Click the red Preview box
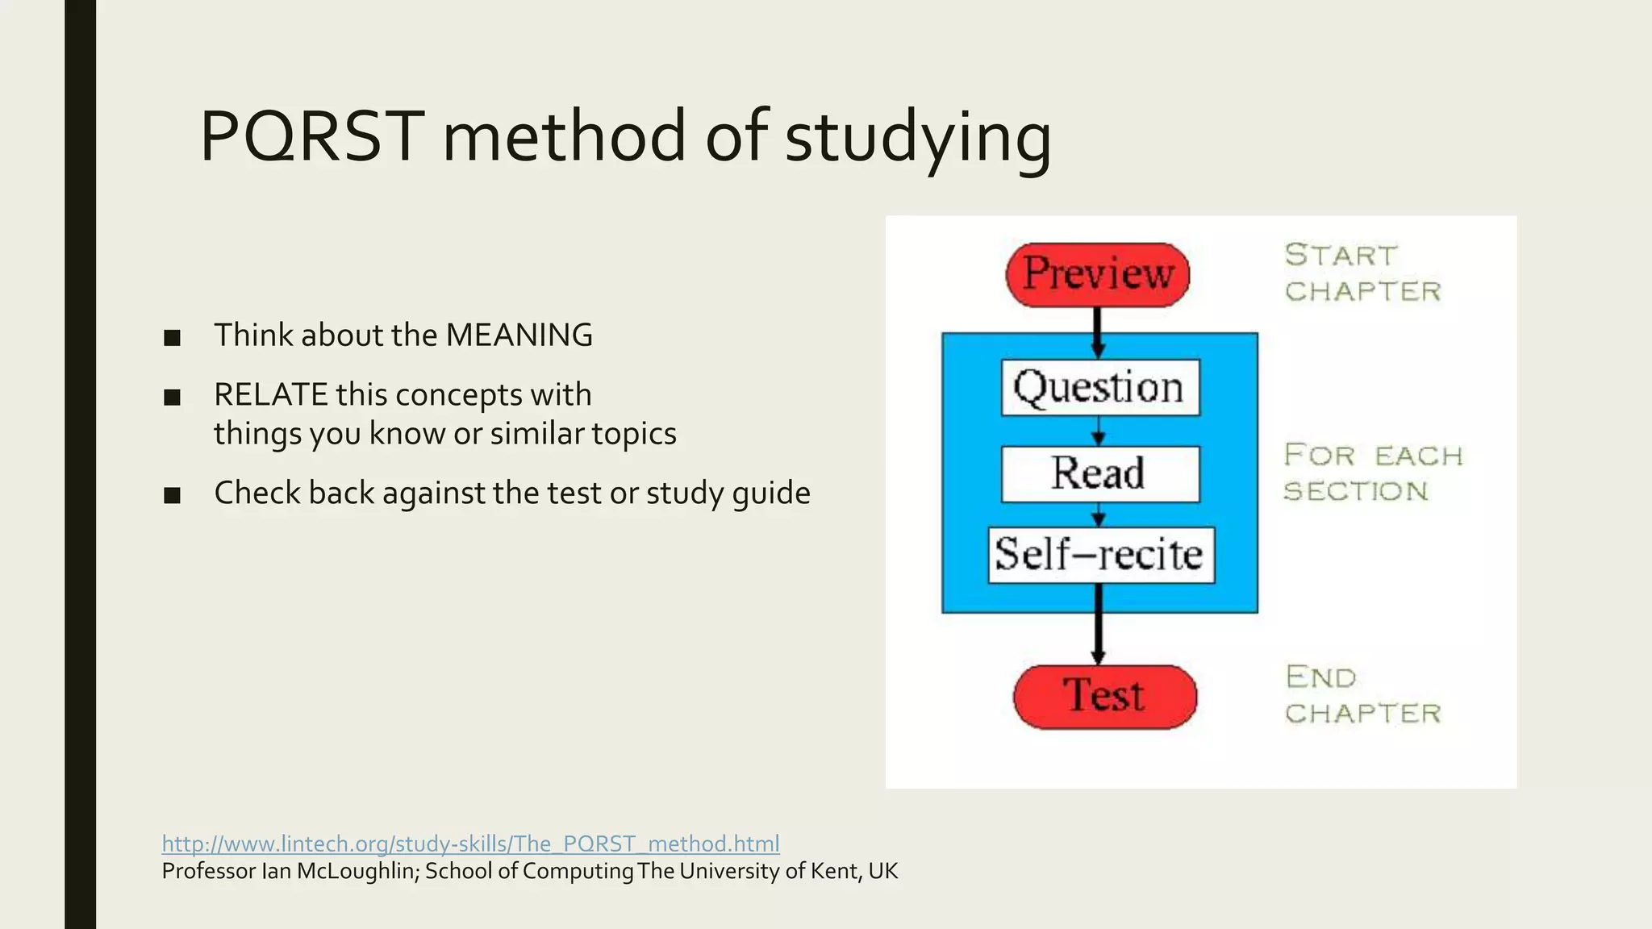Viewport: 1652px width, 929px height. click(x=1097, y=274)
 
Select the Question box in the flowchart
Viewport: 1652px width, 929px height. click(x=1099, y=388)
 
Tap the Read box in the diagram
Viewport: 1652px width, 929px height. click(x=1099, y=473)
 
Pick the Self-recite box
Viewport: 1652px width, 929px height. click(x=1100, y=555)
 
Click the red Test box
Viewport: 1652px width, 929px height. click(x=1104, y=697)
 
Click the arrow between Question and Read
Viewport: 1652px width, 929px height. click(x=1098, y=431)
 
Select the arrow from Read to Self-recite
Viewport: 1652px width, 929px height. click(x=1098, y=514)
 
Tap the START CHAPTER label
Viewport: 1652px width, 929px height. click(x=1362, y=273)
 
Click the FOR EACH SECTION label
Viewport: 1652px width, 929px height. click(x=1372, y=473)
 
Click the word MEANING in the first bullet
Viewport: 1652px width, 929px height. click(x=519, y=335)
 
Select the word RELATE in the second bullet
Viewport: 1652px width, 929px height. click(x=271, y=394)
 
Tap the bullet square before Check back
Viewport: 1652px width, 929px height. click(x=172, y=495)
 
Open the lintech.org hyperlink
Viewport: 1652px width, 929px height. click(x=470, y=844)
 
